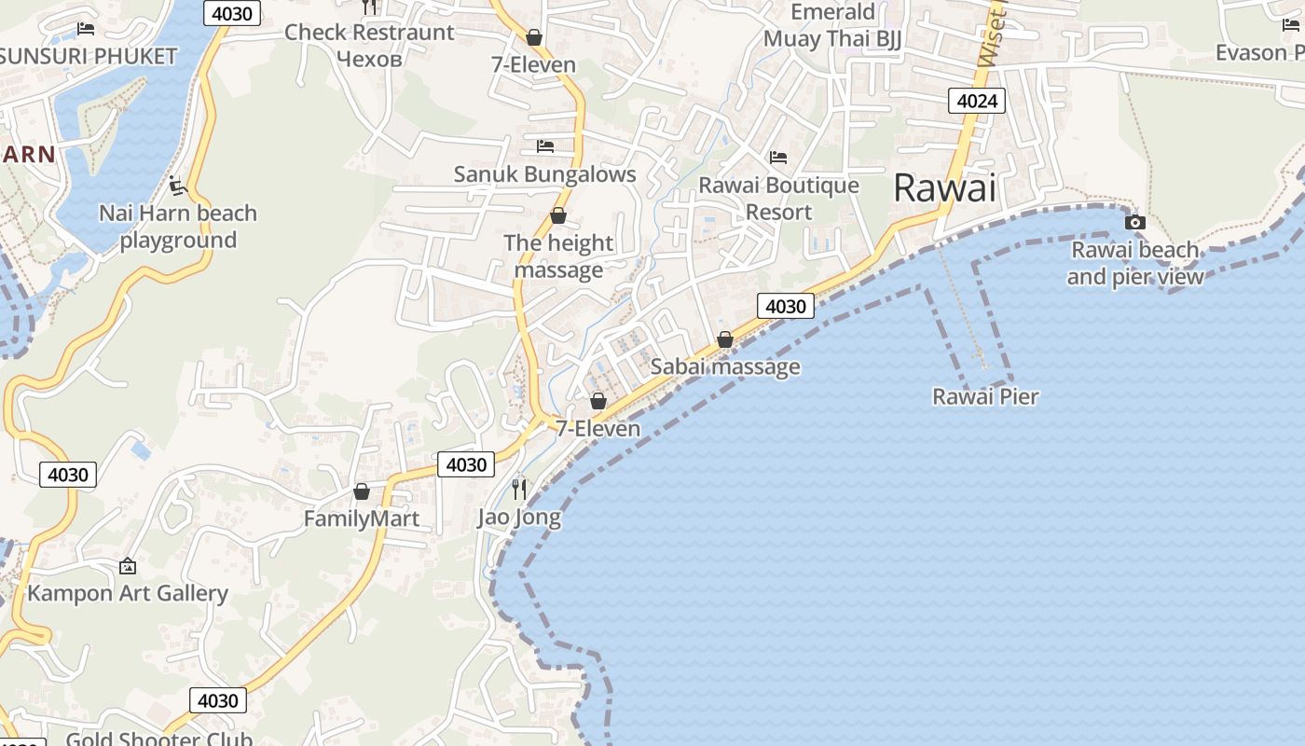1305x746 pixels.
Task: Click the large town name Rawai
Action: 944,187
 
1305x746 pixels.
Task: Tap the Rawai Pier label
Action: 985,396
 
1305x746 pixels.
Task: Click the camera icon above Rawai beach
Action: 1134,222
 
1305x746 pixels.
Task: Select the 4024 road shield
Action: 977,101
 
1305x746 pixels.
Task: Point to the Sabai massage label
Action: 725,366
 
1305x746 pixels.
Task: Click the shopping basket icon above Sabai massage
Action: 725,340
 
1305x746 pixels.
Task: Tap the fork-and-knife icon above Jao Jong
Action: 519,489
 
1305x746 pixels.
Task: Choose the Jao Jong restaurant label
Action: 519,517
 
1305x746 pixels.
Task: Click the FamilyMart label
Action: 362,518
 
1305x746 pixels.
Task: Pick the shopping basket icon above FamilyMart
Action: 362,491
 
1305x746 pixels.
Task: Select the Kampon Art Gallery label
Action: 128,593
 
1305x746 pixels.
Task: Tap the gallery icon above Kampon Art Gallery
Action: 128,566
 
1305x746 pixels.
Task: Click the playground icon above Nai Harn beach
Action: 178,186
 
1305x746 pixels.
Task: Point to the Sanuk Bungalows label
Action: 544,173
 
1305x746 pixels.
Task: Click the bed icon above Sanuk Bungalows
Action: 545,146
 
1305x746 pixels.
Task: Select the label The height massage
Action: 558,256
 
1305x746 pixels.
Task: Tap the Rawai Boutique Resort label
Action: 779,199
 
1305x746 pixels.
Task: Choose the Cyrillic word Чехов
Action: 369,59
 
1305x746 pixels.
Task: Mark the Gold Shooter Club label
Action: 159,739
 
